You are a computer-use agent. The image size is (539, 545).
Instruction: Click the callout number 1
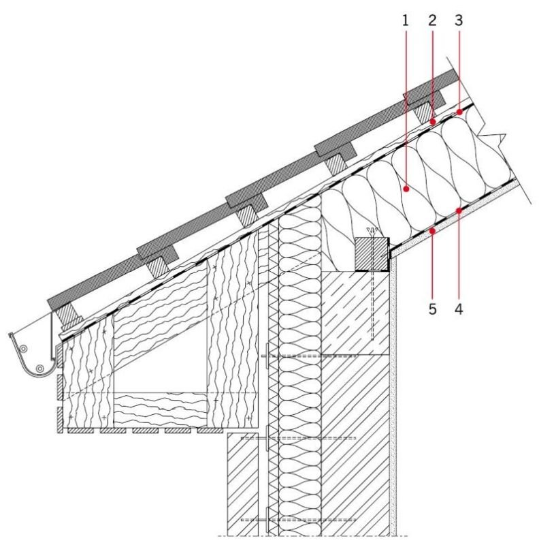click(x=406, y=21)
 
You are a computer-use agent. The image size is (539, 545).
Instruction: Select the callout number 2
click(x=432, y=21)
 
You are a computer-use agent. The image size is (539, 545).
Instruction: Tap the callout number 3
click(x=459, y=21)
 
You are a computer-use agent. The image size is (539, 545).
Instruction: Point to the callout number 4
click(x=459, y=309)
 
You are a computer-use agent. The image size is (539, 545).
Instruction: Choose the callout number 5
click(x=432, y=309)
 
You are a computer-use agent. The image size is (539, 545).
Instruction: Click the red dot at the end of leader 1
click(x=406, y=189)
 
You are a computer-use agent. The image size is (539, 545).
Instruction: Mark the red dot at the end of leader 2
click(x=433, y=122)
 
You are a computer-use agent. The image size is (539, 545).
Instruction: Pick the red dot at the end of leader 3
click(x=459, y=112)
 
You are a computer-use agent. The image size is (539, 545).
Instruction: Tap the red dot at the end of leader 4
click(x=459, y=211)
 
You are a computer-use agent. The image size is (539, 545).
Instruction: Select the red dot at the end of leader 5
click(x=432, y=231)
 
